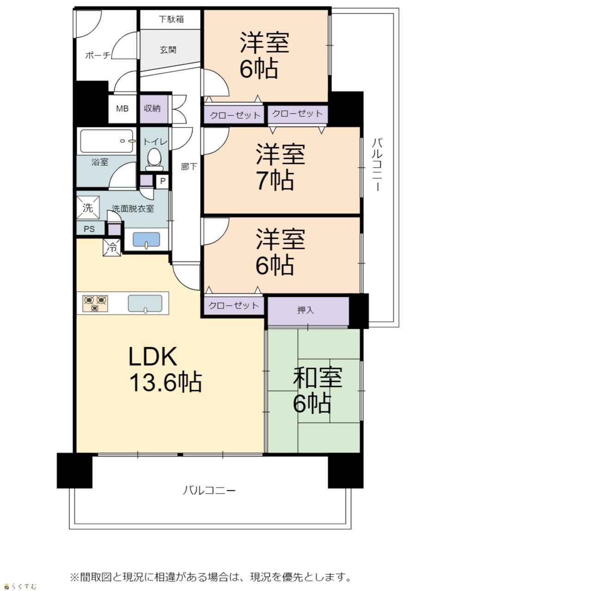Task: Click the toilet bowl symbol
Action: pyautogui.click(x=154, y=159)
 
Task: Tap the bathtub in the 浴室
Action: pyautogui.click(x=106, y=141)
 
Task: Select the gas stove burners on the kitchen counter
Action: pyautogui.click(x=95, y=303)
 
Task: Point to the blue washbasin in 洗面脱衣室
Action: pyautogui.click(x=146, y=240)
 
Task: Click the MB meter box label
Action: pyautogui.click(x=122, y=109)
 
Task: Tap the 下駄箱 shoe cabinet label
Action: pyautogui.click(x=171, y=19)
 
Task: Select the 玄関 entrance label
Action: pyautogui.click(x=168, y=50)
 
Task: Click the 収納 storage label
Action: pyautogui.click(x=152, y=108)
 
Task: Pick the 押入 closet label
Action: pyautogui.click(x=306, y=310)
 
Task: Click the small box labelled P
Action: pyautogui.click(x=163, y=181)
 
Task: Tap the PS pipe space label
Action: pyautogui.click(x=89, y=229)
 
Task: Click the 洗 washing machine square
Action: pyautogui.click(x=88, y=208)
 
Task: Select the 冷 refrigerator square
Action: pyautogui.click(x=112, y=247)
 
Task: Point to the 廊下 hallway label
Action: pyautogui.click(x=189, y=167)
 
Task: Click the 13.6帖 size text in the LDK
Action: pyautogui.click(x=166, y=382)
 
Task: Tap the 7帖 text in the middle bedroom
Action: pyautogui.click(x=275, y=180)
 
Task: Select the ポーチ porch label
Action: pyautogui.click(x=97, y=55)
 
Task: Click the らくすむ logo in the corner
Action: pyautogui.click(x=20, y=586)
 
